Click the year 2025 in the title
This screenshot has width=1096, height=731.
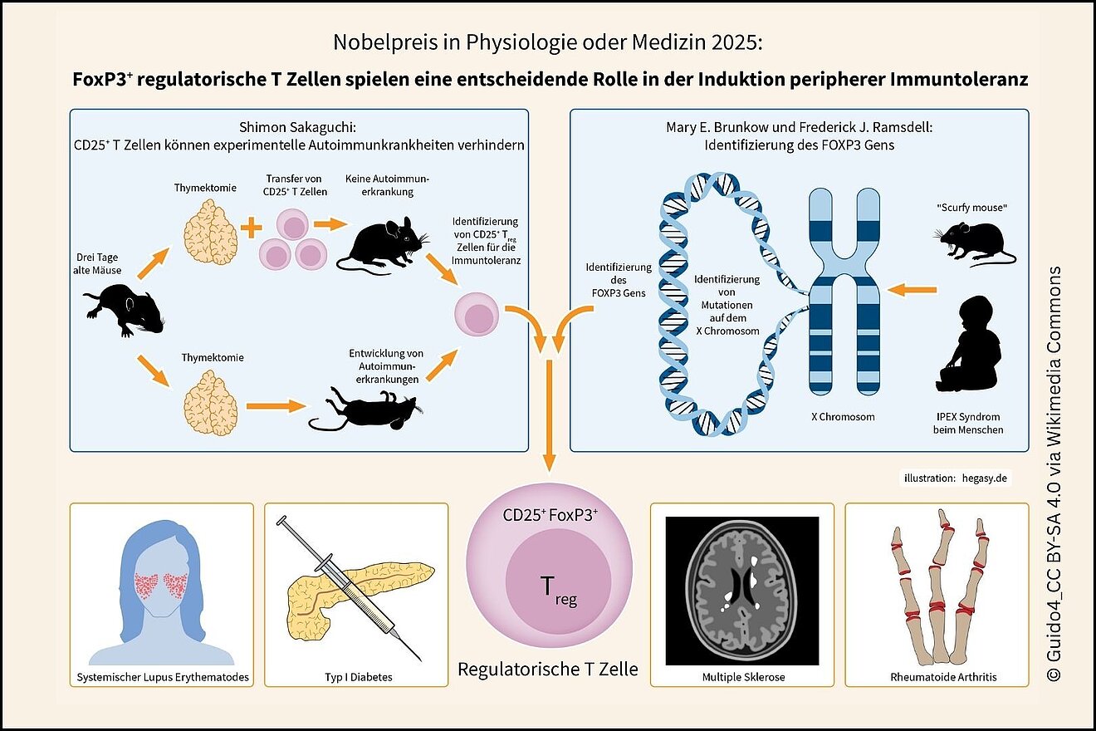tap(736, 42)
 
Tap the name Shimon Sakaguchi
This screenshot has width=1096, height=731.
tap(296, 127)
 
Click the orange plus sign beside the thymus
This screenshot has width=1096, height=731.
tap(252, 227)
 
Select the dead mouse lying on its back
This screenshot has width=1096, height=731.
tap(366, 409)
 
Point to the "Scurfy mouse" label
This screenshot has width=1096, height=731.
tap(971, 208)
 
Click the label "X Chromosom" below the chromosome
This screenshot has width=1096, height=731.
tap(843, 417)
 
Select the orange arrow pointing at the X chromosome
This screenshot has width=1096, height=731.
tap(912, 290)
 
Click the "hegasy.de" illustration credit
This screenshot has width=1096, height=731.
tap(985, 478)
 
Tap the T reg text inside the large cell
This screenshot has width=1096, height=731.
tap(558, 591)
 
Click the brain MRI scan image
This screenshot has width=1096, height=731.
tap(742, 591)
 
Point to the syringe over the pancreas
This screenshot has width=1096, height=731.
tap(350, 589)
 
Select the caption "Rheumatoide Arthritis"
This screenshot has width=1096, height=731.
tap(943, 677)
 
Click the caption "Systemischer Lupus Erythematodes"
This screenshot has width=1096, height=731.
tap(163, 677)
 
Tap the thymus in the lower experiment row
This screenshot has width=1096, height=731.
tap(211, 403)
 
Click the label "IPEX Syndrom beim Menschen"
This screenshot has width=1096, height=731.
tap(968, 423)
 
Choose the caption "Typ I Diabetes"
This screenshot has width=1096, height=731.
tap(359, 677)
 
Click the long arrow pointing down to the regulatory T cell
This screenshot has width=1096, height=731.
tap(550, 416)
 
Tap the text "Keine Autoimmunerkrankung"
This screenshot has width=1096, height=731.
tap(387, 185)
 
